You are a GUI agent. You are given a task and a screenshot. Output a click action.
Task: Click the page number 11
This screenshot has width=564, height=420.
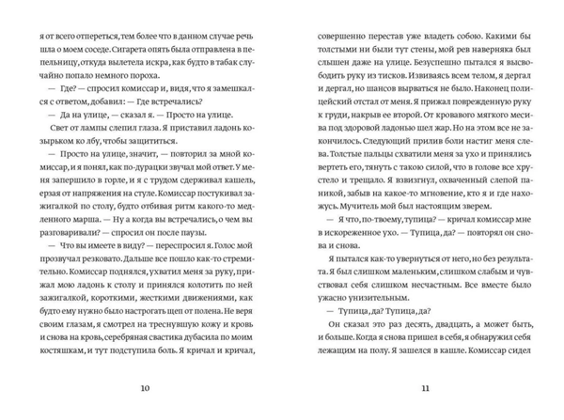pos(424,389)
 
